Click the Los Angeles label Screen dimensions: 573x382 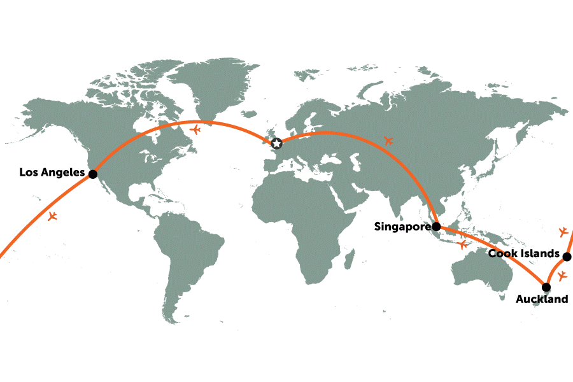tap(52, 173)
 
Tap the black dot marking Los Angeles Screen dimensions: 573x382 tap(92, 174)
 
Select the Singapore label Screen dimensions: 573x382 tap(403, 226)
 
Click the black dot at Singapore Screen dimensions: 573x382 tap(436, 226)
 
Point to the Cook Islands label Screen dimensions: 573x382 tap(523, 254)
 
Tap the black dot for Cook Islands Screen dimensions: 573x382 tap(567, 257)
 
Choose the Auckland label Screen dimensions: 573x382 tap(542, 299)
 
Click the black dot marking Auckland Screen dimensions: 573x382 tap(546, 286)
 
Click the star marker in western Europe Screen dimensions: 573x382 tap(277, 144)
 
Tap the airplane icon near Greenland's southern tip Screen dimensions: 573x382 tap(195, 130)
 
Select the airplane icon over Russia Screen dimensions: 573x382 tap(388, 140)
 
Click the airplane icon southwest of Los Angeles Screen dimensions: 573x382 tap(53, 216)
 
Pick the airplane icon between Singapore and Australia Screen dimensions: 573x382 tap(463, 244)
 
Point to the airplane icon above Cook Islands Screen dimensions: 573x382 tap(563, 230)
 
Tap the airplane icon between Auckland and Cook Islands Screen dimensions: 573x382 tap(562, 276)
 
